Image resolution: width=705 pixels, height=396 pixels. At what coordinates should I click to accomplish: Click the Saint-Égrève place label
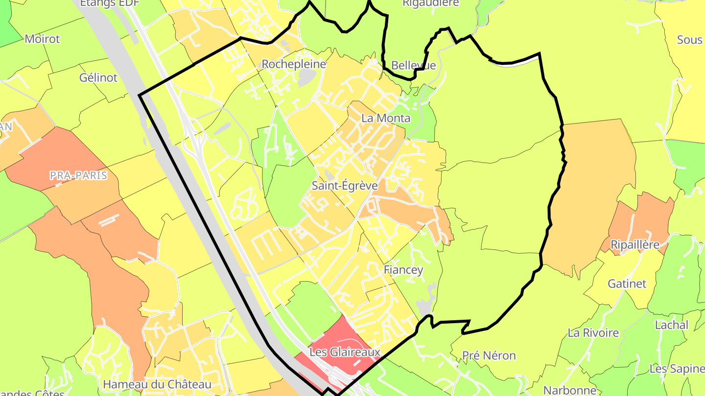pos(345,186)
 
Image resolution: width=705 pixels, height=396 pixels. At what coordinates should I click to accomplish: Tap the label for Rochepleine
pos(294,64)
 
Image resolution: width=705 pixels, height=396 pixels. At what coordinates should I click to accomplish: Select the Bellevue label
pos(414,65)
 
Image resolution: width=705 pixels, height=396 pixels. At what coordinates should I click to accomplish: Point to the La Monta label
pos(386,118)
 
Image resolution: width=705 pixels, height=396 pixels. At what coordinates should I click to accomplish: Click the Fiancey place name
pos(403,270)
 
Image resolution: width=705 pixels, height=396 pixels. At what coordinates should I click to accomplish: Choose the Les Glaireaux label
pos(345,352)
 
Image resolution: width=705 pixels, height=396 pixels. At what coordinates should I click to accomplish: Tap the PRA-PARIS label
pos(78,176)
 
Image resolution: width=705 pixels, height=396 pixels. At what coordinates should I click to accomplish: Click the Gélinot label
pos(98,77)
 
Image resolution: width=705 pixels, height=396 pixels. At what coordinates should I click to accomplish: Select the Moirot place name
pos(42,39)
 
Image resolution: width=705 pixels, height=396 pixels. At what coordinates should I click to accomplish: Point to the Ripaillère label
pos(635,244)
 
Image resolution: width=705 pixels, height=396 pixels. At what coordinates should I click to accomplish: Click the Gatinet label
pos(627,284)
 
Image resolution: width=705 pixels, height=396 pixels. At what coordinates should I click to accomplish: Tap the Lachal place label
pos(672,325)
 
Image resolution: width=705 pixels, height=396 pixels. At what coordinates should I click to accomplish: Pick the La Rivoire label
pos(593,333)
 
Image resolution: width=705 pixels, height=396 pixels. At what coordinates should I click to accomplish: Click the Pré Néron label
pos(489,355)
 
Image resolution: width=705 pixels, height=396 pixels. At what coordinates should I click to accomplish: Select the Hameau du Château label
pos(157,385)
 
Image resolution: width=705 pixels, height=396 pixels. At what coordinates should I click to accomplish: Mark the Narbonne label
pos(570,390)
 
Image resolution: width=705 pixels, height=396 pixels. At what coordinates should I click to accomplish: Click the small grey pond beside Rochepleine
pos(306,76)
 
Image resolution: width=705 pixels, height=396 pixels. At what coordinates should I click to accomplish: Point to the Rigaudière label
pos(431,3)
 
